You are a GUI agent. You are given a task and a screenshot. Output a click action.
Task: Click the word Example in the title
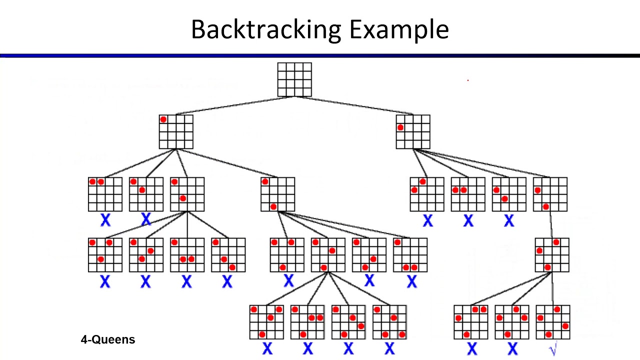[398, 29]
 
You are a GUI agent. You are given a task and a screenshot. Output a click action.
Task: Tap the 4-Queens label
[107, 340]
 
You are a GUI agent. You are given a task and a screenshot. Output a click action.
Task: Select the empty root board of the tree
[294, 79]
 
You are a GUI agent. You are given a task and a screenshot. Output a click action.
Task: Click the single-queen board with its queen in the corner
[176, 132]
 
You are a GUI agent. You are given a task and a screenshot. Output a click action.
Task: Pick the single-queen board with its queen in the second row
[413, 132]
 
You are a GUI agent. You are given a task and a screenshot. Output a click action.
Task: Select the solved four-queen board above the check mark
[552, 322]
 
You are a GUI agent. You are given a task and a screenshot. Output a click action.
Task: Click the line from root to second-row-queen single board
[354, 105]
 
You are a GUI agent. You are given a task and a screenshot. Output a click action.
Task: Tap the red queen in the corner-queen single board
[163, 119]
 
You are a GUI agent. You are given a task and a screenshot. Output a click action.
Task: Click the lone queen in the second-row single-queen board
[400, 128]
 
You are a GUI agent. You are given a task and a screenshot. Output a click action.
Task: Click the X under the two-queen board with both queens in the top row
[105, 219]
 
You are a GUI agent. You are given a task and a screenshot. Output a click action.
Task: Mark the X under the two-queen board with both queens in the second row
[468, 220]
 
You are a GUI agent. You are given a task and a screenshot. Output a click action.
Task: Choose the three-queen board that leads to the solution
[552, 255]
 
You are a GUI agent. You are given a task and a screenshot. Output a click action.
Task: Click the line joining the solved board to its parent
[552, 288]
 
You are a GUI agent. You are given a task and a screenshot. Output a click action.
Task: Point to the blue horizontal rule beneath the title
[320, 55]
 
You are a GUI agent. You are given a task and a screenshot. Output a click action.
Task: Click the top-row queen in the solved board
[557, 309]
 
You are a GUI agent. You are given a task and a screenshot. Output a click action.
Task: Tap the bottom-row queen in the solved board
[548, 334]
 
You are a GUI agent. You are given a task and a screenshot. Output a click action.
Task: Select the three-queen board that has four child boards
[328, 255]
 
